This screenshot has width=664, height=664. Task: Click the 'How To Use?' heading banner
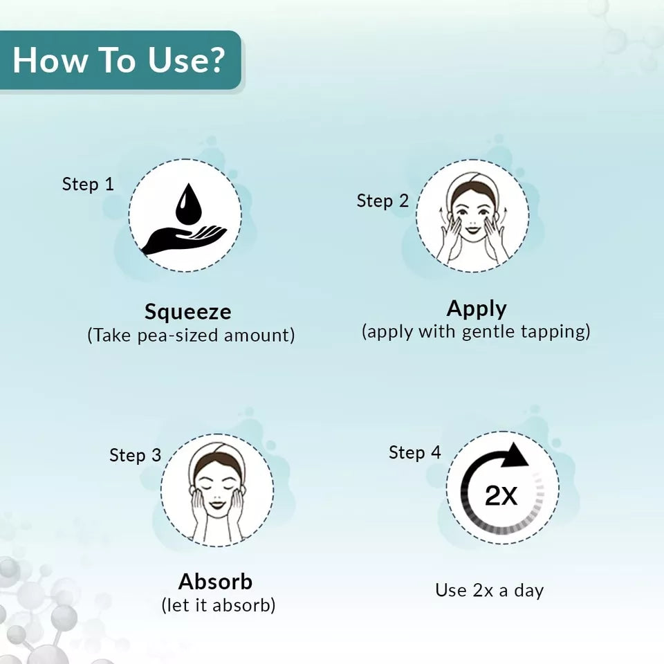tap(120, 59)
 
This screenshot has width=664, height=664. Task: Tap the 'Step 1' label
tap(88, 184)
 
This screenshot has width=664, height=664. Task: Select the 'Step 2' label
tap(382, 201)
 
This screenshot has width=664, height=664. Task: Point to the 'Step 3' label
tap(135, 455)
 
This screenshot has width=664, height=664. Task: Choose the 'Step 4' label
tap(414, 452)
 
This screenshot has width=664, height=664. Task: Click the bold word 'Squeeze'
tap(188, 313)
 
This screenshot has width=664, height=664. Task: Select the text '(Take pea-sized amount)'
tap(191, 335)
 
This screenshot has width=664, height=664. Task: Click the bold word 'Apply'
tap(477, 309)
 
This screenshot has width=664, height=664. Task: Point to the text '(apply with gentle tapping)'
tap(476, 331)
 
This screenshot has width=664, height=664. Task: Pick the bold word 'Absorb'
tap(216, 582)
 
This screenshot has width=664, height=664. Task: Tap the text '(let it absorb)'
tap(219, 605)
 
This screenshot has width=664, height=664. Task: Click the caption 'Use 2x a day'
tap(490, 590)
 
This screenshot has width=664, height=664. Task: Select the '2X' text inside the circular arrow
tap(501, 495)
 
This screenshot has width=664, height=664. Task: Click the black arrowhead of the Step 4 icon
tap(516, 456)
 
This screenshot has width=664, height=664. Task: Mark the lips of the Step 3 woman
tap(217, 504)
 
